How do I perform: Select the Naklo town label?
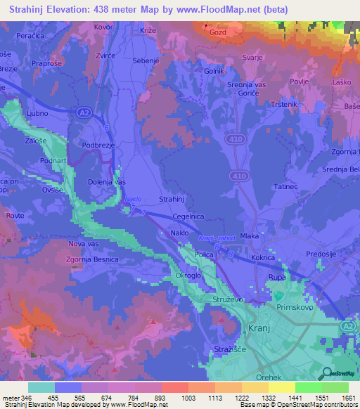tap(181, 233)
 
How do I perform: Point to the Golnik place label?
tap(214, 71)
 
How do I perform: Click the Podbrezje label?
tap(99, 145)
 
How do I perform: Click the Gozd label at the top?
tap(217, 32)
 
